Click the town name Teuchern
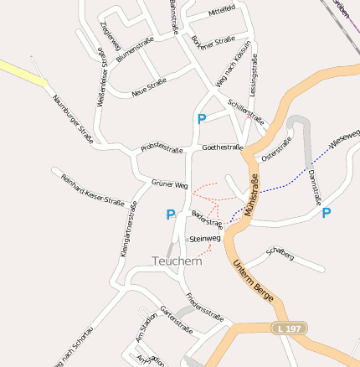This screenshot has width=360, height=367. (x=177, y=261)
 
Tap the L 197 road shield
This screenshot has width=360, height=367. (x=290, y=328)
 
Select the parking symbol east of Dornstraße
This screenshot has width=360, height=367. (x=327, y=213)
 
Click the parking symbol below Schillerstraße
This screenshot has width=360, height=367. (x=201, y=120)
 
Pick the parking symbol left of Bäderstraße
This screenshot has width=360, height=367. (x=171, y=215)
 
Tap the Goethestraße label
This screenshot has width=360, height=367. (x=222, y=147)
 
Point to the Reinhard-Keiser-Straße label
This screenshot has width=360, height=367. (x=92, y=190)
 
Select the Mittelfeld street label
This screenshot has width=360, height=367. (x=221, y=11)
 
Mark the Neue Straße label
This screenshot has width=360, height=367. (x=149, y=87)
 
